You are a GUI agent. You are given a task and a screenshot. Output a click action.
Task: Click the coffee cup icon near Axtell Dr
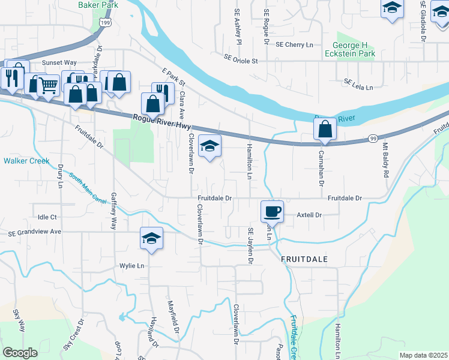click(x=272, y=211)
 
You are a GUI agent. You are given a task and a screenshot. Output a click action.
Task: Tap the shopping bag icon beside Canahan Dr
click(x=325, y=130)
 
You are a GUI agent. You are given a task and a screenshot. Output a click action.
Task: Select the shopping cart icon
click(x=48, y=85)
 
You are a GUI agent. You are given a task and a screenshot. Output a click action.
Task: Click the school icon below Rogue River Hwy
click(x=209, y=146)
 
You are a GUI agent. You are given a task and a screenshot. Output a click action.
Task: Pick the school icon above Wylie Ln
click(x=152, y=238)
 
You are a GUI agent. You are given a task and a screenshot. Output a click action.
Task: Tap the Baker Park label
click(x=98, y=5)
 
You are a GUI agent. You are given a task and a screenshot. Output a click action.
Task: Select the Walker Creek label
click(x=26, y=161)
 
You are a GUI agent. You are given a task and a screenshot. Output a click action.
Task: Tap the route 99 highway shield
click(x=372, y=139)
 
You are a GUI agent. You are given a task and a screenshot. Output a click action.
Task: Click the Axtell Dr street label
click(x=310, y=215)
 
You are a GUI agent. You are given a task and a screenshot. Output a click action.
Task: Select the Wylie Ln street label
click(x=132, y=266)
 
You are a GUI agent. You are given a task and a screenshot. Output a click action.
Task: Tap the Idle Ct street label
click(x=47, y=217)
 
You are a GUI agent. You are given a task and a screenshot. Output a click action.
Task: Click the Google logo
click(x=20, y=353)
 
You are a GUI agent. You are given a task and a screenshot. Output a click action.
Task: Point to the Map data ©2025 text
click(x=423, y=355)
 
